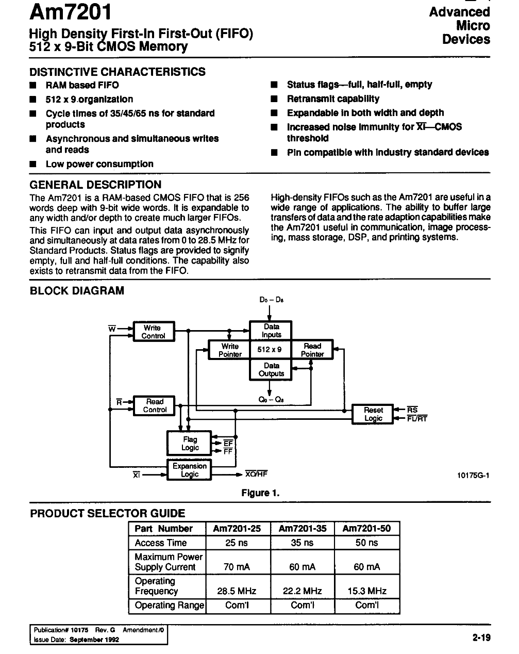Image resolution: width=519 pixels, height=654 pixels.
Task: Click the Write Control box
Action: [x=154, y=331]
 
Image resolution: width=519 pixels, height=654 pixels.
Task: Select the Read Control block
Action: [x=154, y=405]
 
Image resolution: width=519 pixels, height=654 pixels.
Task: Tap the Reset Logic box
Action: [x=372, y=414]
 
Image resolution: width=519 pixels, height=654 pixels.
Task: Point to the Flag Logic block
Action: [x=189, y=443]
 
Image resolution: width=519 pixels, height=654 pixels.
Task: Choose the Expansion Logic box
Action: [x=189, y=469]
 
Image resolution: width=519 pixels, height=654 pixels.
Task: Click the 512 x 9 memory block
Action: [x=270, y=350]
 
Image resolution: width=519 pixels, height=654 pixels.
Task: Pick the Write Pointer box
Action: [x=229, y=350]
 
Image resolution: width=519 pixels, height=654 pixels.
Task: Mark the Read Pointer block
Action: [x=312, y=350]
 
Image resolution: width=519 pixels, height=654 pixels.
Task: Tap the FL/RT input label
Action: [x=417, y=418]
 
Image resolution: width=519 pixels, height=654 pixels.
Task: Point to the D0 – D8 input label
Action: [x=271, y=300]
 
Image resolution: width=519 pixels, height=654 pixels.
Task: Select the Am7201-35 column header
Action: [x=303, y=529]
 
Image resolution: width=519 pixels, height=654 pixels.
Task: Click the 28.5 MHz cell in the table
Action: [x=237, y=591]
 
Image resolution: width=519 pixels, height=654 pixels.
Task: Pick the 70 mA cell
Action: [x=237, y=566]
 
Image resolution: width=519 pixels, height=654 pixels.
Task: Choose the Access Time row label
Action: [x=161, y=543]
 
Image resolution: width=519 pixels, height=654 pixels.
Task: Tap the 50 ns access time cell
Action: [x=366, y=543]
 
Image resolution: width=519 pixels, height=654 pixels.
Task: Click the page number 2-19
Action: [x=481, y=637]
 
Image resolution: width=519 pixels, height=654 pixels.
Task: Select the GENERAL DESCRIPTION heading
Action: [x=95, y=185]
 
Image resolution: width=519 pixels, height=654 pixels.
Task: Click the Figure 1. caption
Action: [x=260, y=493]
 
